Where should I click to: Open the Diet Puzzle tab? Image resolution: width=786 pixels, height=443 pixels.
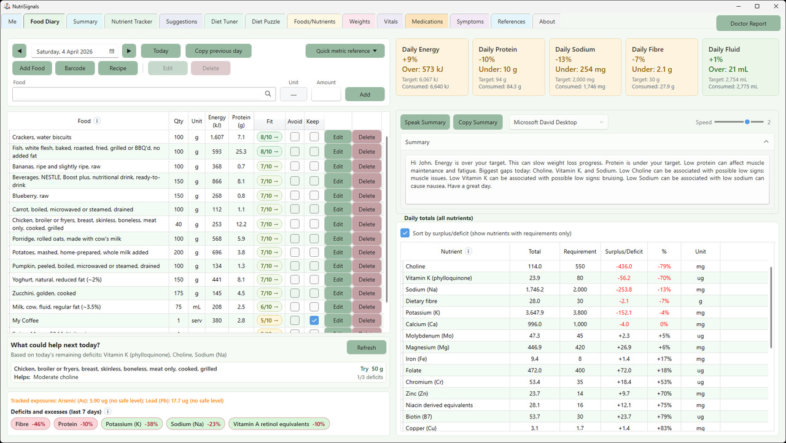266,22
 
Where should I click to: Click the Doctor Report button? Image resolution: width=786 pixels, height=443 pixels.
748,23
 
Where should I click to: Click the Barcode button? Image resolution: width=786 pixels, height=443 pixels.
75,68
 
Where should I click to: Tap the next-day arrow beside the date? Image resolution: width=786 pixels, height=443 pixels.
129,51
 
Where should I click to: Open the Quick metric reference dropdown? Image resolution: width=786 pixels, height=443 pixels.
345,51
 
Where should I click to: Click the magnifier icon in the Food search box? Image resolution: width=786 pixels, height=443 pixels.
268,94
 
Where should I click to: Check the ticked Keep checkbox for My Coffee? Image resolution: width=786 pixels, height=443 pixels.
314,320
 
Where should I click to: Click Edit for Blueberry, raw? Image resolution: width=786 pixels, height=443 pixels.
338,196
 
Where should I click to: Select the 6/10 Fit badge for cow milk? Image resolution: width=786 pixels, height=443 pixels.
270,307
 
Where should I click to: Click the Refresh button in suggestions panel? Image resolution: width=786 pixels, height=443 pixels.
366,347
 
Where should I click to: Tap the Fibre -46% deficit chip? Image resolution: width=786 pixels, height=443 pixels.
31,424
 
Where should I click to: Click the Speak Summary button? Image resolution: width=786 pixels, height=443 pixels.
425,122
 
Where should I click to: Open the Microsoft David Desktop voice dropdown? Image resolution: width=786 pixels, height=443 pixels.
558,122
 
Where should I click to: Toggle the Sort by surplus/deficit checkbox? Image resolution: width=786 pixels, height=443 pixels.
405,233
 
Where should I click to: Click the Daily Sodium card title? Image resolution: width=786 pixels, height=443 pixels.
575,49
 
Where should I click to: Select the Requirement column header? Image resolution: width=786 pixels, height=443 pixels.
580,251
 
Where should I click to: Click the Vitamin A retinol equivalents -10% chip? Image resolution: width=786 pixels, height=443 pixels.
279,424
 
